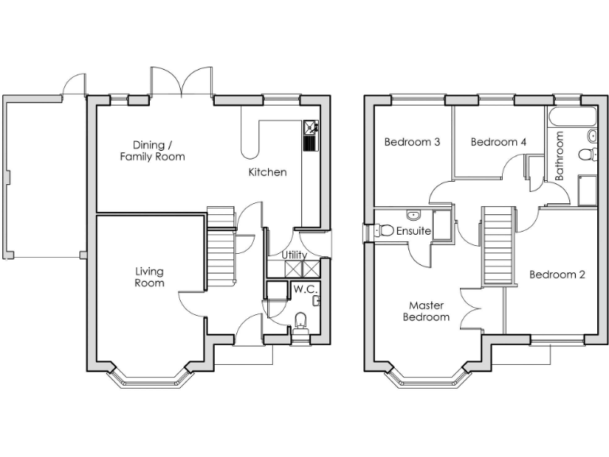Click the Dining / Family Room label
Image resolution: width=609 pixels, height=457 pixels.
point(152,151)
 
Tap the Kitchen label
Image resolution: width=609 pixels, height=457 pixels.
point(267,172)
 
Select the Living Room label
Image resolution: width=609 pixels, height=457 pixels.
point(149,277)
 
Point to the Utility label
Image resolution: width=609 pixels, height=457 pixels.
point(294,255)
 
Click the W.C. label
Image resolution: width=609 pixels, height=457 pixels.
point(304,290)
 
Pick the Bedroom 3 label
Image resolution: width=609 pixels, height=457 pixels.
point(412,143)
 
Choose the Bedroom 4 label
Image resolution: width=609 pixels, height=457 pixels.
point(498,143)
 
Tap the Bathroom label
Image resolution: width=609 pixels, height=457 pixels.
point(560,156)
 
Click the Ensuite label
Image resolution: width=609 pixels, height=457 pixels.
point(414,231)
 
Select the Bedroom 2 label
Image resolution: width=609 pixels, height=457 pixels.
point(557,275)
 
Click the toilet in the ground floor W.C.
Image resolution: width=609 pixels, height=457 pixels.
point(301,322)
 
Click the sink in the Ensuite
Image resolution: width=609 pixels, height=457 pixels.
point(412,215)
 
